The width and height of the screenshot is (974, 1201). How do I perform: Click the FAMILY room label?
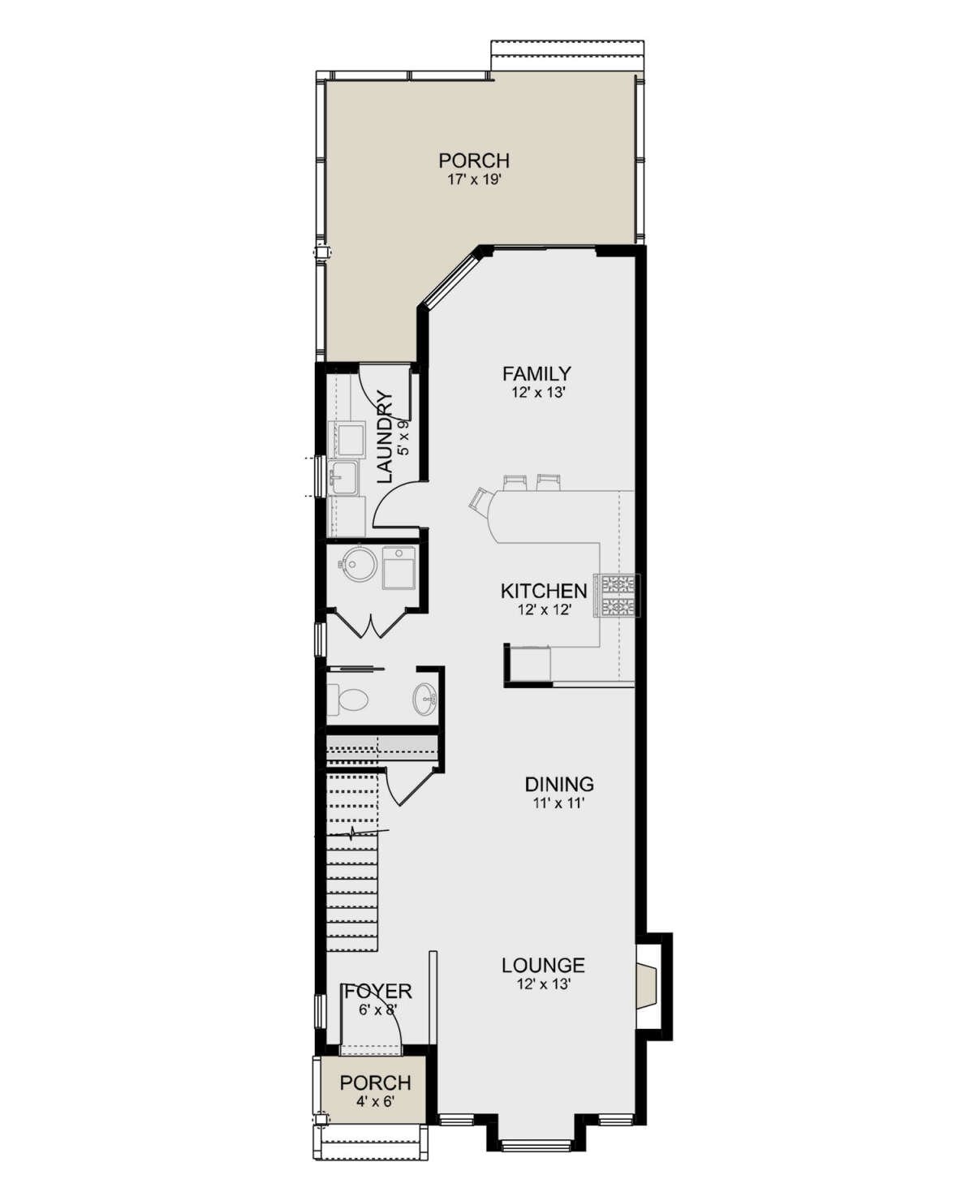point(537,374)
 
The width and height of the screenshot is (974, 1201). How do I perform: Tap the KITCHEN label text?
point(544,591)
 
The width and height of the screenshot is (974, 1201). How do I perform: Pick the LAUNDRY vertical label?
point(384,437)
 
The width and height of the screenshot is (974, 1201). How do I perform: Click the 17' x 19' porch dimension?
point(474,182)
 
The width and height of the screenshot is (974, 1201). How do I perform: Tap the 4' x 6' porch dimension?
point(375,1100)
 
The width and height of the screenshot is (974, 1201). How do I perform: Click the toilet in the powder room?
point(347,700)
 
